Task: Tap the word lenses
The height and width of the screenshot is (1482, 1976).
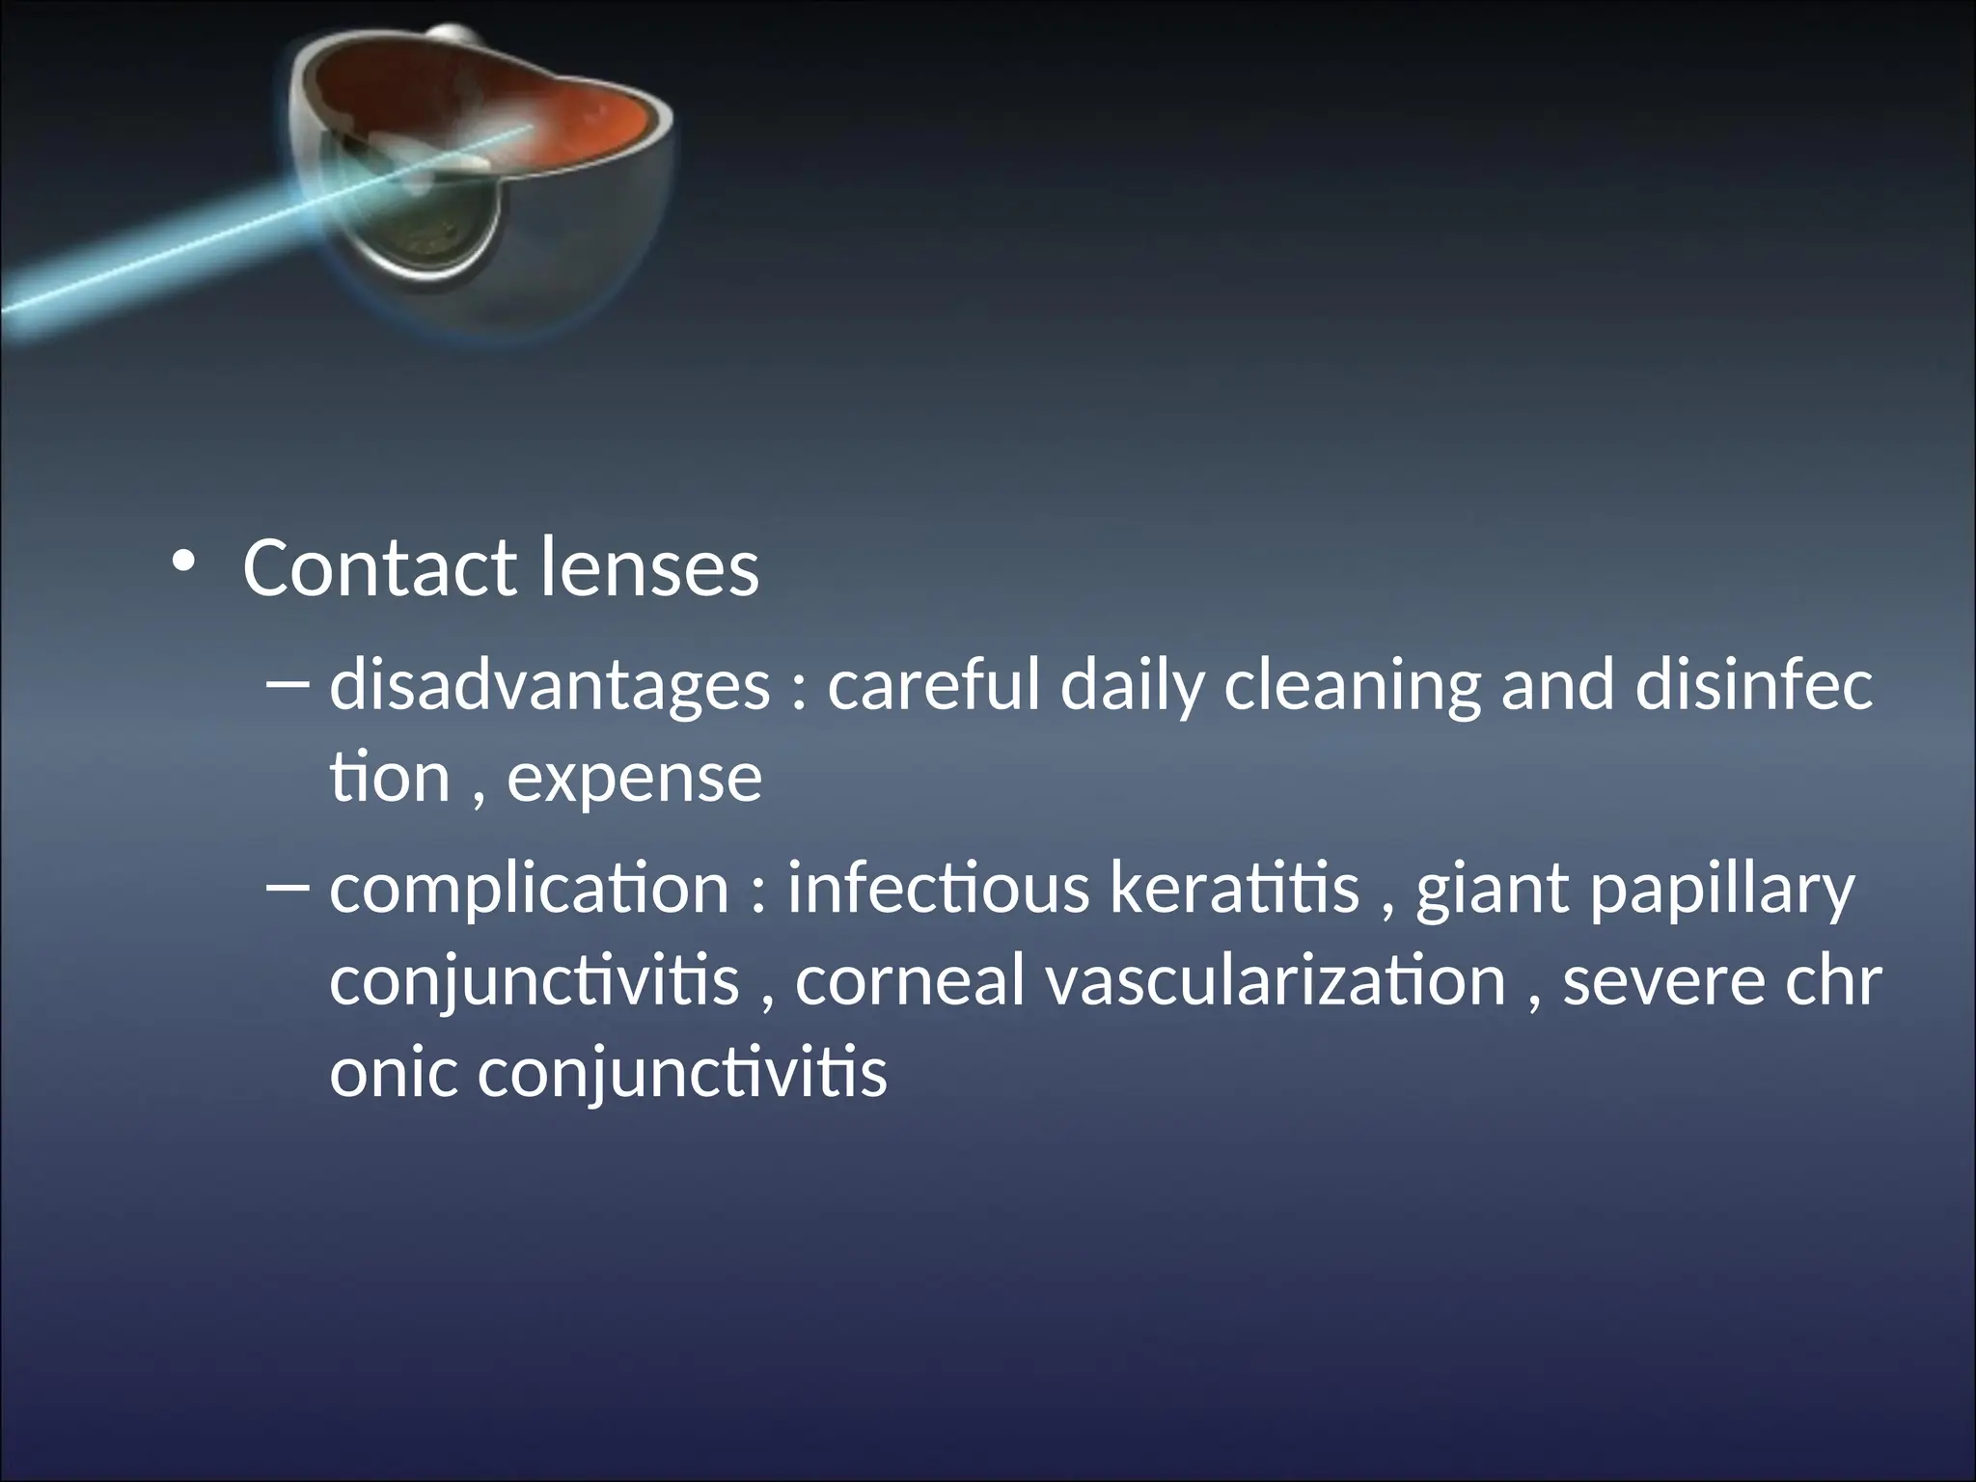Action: point(649,568)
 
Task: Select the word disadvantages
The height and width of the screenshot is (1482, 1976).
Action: point(549,686)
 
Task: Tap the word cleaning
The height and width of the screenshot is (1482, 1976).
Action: point(1351,686)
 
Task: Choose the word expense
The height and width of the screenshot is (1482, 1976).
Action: point(634,778)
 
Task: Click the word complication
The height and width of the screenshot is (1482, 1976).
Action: point(530,889)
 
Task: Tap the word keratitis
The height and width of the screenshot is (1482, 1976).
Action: point(1234,889)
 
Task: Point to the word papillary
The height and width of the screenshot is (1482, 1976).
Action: point(1721,891)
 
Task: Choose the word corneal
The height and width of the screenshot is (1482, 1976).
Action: point(909,981)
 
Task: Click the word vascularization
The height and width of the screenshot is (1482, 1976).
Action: point(1276,981)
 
